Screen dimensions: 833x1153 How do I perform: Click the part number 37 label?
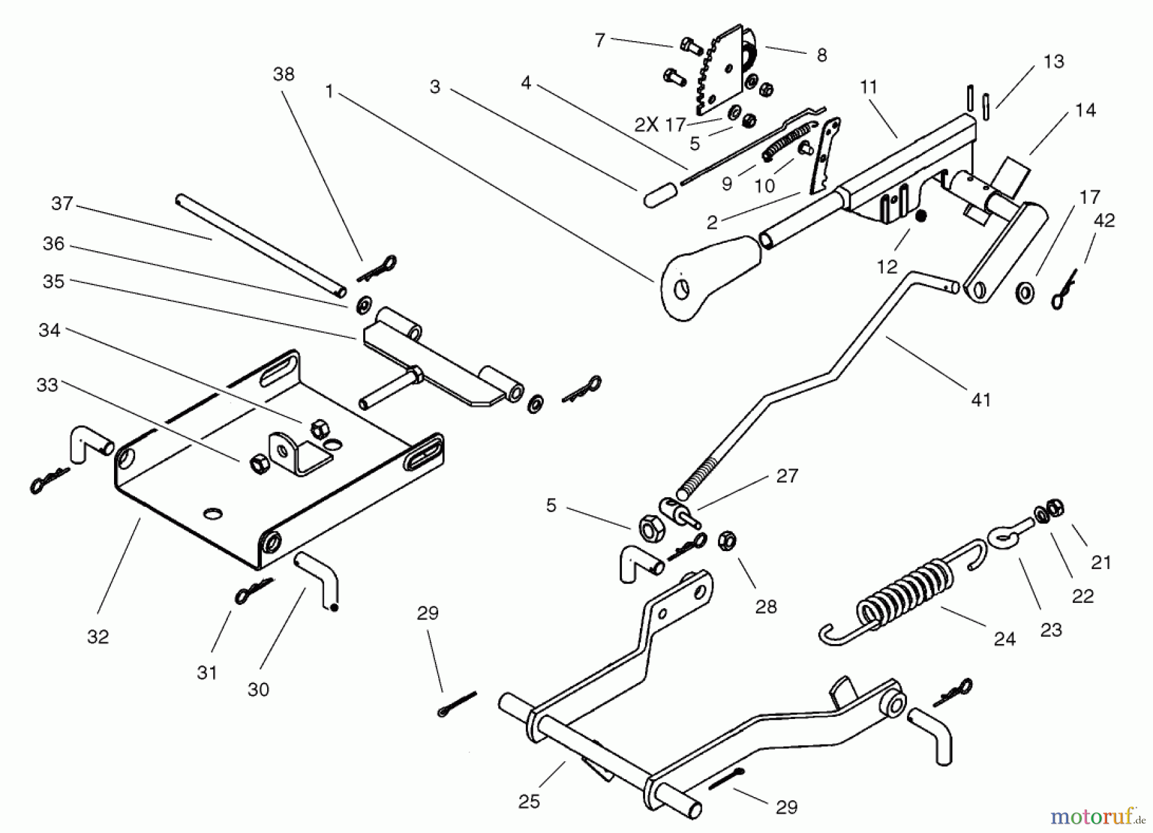point(62,204)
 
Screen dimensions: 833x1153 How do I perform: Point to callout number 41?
point(981,400)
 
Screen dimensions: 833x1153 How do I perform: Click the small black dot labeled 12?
point(920,217)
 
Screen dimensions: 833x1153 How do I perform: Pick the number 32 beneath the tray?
point(98,636)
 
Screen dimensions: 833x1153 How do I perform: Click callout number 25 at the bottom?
point(529,802)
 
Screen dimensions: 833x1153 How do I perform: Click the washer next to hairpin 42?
point(1025,293)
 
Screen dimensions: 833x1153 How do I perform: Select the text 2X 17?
point(660,124)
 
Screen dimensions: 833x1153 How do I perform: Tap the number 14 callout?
point(1085,110)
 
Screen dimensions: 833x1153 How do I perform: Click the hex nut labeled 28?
point(726,541)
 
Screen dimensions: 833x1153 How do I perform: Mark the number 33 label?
point(48,384)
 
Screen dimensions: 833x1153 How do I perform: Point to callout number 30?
point(258,689)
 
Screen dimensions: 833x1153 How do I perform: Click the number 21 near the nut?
point(1101,563)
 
